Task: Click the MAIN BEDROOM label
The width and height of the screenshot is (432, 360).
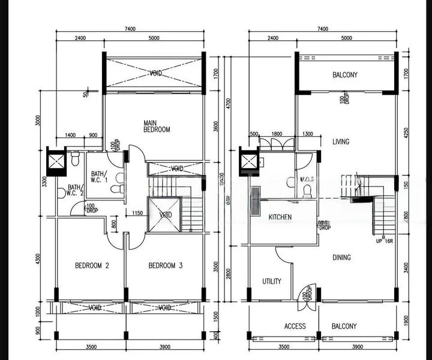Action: tap(157, 126)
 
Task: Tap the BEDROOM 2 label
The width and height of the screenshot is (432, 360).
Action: tap(91, 266)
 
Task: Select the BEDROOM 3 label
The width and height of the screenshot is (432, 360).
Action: tap(165, 266)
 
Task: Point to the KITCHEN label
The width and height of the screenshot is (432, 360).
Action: tap(280, 217)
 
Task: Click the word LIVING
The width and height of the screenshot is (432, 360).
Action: tap(341, 142)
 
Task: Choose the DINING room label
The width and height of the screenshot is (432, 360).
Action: tap(342, 258)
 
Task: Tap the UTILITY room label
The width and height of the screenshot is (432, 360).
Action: tap(272, 281)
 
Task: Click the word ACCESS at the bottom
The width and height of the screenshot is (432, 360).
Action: tap(295, 326)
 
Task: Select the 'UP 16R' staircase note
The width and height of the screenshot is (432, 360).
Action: tap(385, 241)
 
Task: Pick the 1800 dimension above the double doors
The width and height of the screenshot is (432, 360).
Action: tap(277, 134)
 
